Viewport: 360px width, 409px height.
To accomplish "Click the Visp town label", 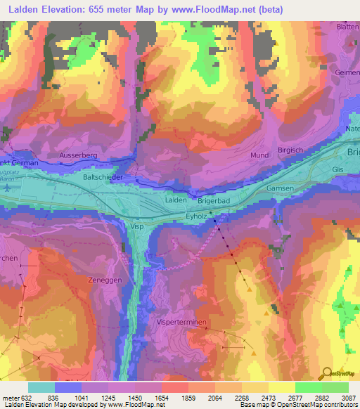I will (137, 226).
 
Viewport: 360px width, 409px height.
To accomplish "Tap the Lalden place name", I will (175, 200).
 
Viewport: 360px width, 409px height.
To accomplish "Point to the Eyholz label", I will (198, 218).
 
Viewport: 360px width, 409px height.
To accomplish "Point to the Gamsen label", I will (279, 189).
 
